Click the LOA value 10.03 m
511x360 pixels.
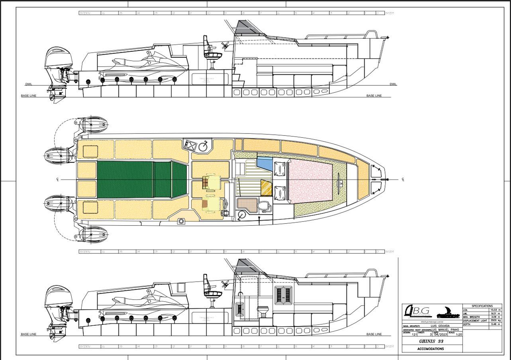click(495, 309)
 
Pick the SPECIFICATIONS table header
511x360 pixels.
click(482, 306)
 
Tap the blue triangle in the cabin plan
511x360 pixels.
click(264, 163)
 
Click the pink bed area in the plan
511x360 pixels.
click(311, 182)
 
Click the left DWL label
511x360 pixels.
click(29, 84)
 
